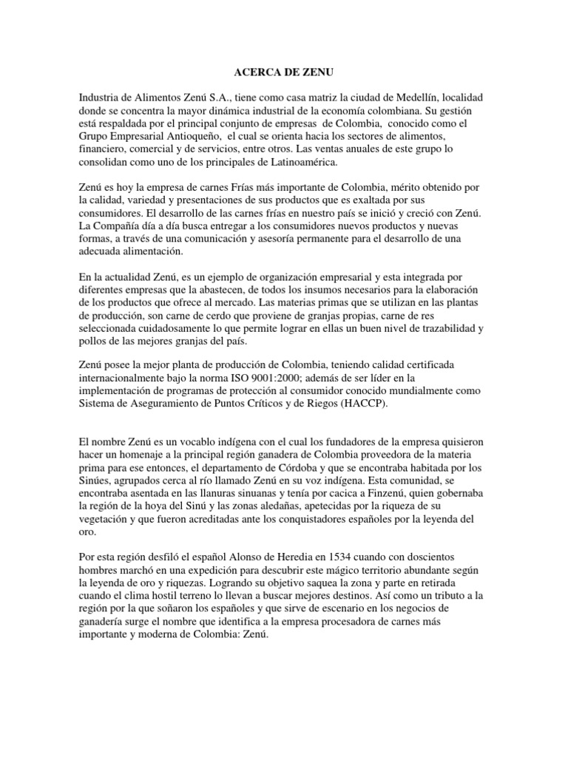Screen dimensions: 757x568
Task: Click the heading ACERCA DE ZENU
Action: [x=274, y=72]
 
